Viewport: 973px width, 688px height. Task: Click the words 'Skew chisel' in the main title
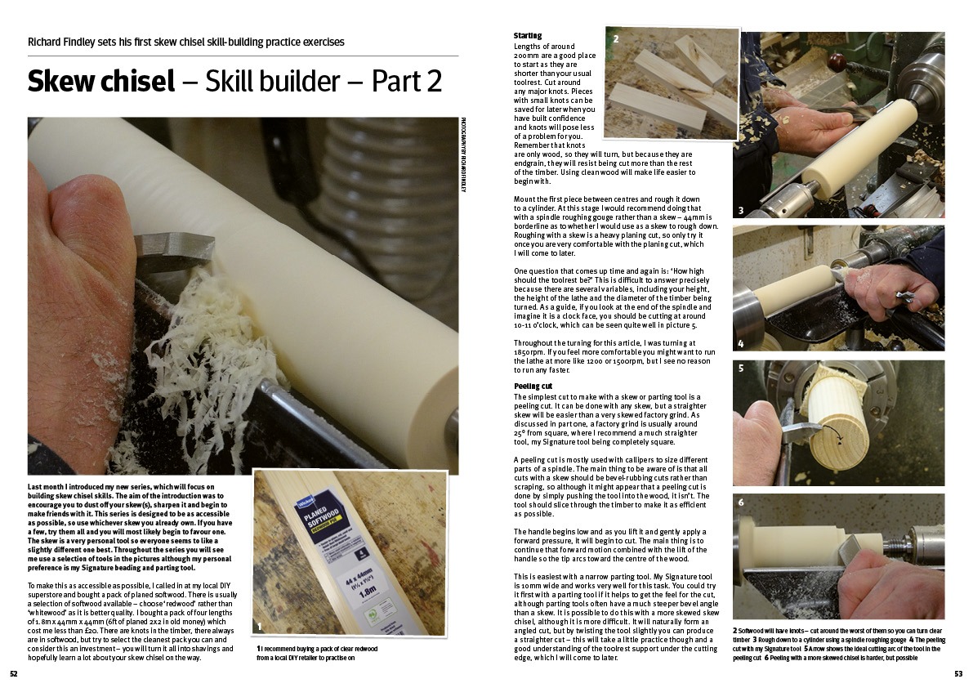click(101, 81)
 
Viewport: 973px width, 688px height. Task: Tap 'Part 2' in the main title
click(407, 81)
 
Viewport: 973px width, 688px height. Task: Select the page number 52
click(14, 674)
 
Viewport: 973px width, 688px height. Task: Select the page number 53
click(958, 674)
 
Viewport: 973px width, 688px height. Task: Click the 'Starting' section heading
click(528, 36)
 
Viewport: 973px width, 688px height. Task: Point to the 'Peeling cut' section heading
click(533, 386)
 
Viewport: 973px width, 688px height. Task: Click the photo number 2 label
click(615, 38)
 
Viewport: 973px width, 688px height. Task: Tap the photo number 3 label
click(740, 210)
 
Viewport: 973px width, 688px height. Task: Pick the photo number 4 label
click(740, 343)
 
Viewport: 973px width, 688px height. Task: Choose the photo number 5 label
click(740, 369)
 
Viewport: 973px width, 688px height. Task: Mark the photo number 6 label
click(740, 502)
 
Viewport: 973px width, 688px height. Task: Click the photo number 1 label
click(259, 625)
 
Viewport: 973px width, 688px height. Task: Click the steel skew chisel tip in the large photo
click(174, 250)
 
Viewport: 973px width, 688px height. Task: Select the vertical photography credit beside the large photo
click(463, 154)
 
